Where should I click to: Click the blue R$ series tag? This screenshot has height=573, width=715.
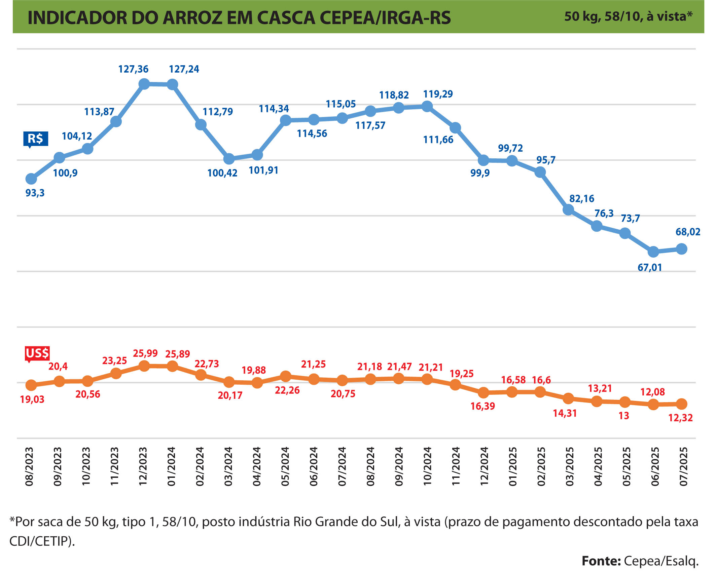[35, 139]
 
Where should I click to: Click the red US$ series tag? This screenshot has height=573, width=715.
[37, 353]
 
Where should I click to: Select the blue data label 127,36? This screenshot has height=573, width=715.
[133, 69]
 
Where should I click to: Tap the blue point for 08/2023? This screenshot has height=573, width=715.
[31, 179]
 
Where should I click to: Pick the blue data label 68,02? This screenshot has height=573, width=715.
[688, 232]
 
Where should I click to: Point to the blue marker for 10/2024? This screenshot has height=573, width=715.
[427, 107]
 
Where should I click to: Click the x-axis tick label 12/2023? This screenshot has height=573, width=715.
[143, 466]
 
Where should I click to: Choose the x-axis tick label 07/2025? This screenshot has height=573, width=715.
[683, 466]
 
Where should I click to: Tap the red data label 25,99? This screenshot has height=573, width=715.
[145, 353]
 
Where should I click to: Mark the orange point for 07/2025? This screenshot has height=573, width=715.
[682, 404]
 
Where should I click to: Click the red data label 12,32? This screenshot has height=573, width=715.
[680, 418]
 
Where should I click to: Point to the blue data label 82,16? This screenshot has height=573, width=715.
[582, 199]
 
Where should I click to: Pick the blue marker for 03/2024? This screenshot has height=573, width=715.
[229, 159]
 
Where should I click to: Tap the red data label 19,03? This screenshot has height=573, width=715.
[32, 399]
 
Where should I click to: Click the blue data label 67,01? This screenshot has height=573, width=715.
[650, 268]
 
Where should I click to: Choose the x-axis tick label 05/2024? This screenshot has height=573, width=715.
[285, 466]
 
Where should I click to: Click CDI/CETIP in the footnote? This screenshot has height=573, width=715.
[40, 541]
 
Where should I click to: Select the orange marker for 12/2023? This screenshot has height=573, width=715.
[144, 366]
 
